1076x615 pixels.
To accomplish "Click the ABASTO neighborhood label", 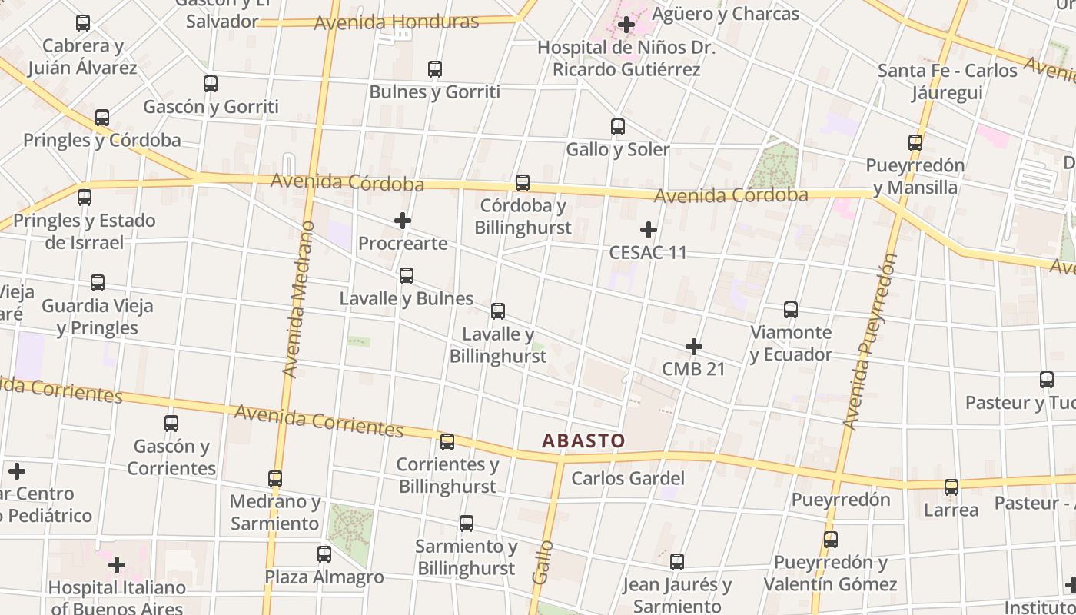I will coord(583,440).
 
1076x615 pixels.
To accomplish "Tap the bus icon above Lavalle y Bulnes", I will coord(407,275).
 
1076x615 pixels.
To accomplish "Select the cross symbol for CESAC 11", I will coord(649,229).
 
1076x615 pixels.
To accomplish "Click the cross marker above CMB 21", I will coord(694,347).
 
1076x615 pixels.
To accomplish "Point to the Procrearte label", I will coord(403,244).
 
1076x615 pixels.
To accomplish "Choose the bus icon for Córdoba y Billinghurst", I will coord(523,183).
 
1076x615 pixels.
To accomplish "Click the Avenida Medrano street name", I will coord(299,299).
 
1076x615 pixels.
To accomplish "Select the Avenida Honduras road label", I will coord(397,22).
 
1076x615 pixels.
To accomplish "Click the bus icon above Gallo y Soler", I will coord(618,127).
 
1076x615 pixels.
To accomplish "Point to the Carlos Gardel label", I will coord(628,478).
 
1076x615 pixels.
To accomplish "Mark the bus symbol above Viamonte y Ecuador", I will coord(791,310).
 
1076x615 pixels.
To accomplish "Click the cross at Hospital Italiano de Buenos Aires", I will coord(117,566).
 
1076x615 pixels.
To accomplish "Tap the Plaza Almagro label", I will coord(324,577).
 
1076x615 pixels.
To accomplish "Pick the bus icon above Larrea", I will coord(951,487).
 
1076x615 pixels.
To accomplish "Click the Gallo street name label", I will coord(543,562).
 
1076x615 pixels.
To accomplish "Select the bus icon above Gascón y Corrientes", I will coord(171,424).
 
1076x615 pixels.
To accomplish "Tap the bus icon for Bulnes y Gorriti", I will coord(435,69).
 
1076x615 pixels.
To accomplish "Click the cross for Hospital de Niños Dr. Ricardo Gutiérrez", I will coord(626,25).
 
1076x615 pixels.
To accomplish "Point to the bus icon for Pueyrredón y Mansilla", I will coord(915,143).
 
